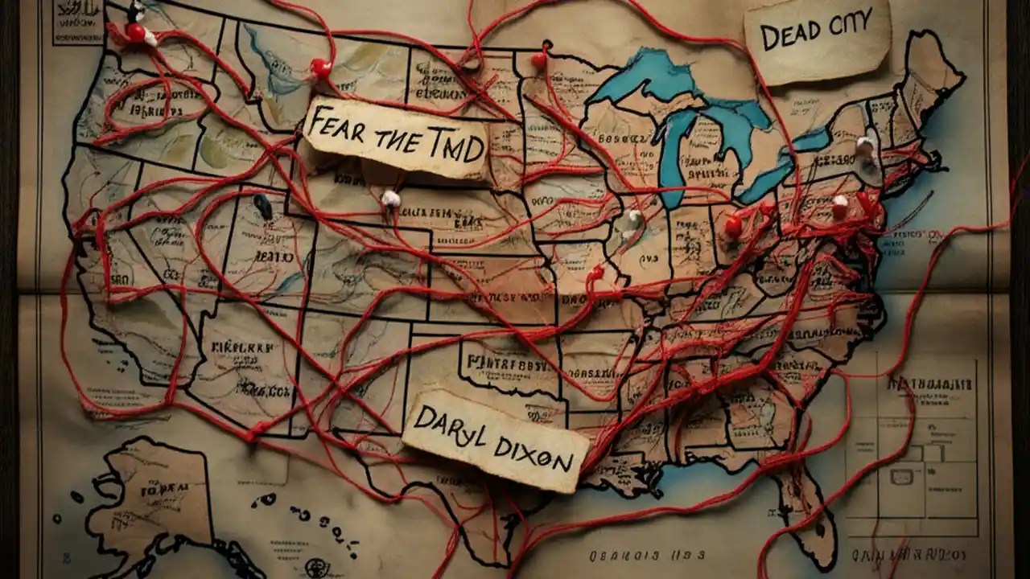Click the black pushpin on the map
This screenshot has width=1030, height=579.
[x=263, y=206]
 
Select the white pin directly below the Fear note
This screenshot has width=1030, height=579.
[x=391, y=198]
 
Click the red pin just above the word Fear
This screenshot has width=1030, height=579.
[x=321, y=68]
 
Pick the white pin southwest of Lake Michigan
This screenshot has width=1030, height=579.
[x=634, y=218]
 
